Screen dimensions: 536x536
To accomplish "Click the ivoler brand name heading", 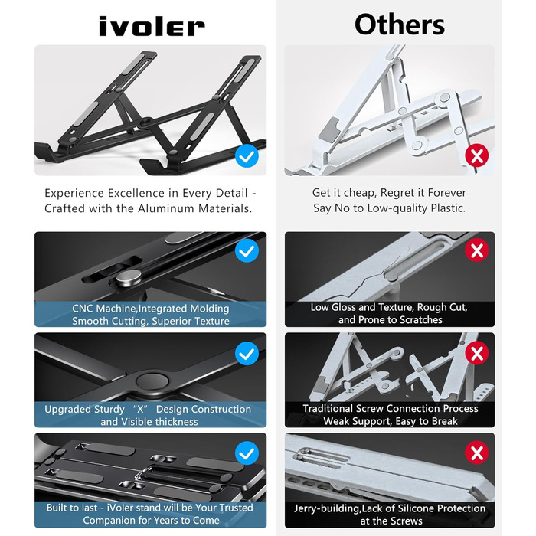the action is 152,26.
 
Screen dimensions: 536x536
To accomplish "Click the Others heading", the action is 400,25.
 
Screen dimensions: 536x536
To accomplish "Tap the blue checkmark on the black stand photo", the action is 247,156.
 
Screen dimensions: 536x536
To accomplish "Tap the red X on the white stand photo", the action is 477,156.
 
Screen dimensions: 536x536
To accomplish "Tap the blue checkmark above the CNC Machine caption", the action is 247,250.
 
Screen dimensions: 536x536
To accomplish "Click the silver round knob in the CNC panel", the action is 129,276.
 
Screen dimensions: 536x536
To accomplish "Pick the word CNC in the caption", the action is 82,309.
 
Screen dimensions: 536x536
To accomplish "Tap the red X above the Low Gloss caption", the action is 477,250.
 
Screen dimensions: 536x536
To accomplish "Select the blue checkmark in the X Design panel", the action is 247,354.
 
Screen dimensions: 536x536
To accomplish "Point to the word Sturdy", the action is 109,410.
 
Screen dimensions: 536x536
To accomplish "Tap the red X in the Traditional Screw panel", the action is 477,353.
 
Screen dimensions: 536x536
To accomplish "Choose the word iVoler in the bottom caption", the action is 120,508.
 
